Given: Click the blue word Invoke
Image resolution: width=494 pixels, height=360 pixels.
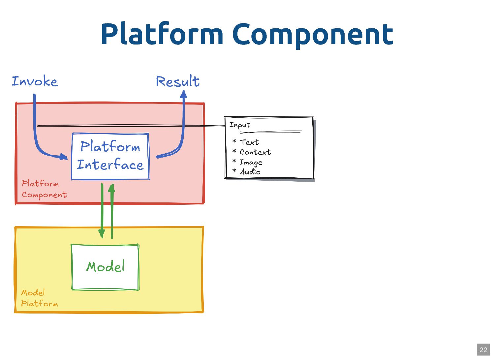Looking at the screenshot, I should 35,81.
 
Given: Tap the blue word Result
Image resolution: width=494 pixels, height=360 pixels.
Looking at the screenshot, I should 178,81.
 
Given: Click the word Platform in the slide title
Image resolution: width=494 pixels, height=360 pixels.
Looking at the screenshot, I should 162,34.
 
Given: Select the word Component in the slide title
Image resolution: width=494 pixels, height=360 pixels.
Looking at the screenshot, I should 313,34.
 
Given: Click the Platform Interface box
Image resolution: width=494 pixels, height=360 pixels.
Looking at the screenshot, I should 110,156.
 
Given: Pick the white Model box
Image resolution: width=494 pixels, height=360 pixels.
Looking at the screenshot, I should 105,267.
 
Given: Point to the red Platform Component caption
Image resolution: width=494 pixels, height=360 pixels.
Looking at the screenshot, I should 44,189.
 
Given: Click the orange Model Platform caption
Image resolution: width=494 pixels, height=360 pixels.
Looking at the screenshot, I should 39,298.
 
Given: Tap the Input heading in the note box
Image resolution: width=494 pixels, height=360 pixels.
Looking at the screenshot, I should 240,125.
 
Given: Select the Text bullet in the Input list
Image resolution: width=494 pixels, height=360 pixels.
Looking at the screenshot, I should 249,142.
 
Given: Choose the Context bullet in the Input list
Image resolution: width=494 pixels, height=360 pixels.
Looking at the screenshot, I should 255,152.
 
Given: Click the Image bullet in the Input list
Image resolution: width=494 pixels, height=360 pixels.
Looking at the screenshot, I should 251,162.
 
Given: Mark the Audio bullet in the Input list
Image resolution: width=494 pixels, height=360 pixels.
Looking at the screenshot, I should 250,172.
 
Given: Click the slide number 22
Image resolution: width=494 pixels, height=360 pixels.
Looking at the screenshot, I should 483,350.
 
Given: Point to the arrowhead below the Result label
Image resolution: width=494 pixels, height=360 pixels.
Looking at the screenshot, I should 184,94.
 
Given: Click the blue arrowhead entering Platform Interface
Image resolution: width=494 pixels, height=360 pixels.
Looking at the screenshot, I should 63,157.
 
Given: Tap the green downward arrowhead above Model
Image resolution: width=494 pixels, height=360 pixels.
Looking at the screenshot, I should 102,233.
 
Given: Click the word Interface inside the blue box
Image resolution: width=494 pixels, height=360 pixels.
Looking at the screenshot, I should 110,165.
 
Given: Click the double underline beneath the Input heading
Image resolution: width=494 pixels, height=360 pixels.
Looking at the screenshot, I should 270,132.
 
